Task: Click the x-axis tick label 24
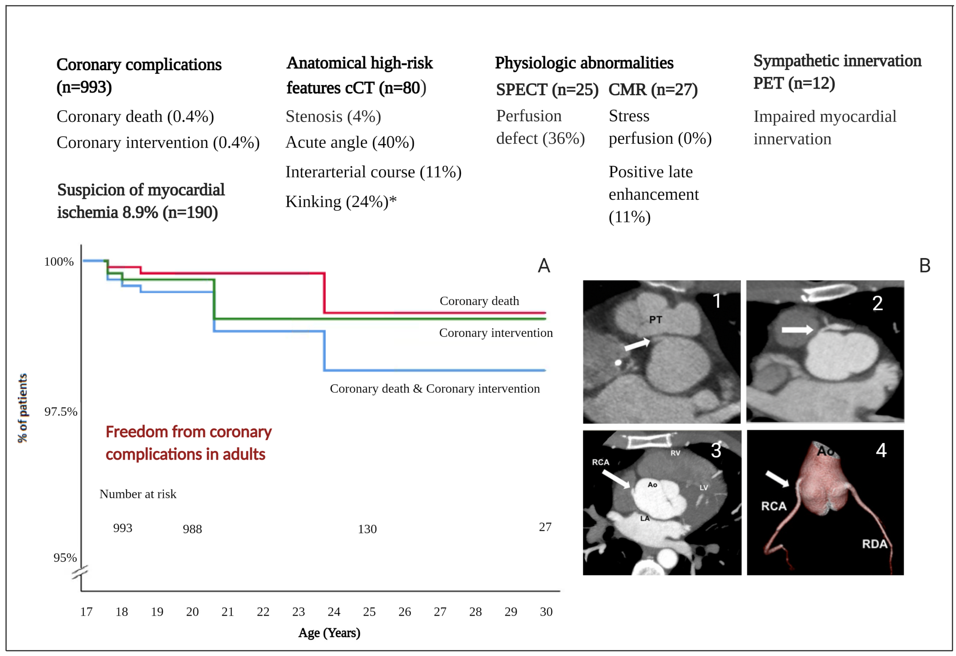point(334,611)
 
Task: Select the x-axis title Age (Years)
point(329,633)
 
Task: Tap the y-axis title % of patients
point(23,408)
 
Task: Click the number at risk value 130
point(367,529)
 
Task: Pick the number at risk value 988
point(192,529)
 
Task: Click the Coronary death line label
point(479,301)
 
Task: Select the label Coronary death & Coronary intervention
point(434,388)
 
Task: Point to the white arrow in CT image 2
point(797,329)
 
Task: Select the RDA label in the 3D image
point(875,544)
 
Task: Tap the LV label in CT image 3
point(704,488)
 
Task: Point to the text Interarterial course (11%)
point(373,172)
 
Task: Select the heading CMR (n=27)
point(653,89)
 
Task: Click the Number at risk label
point(138,494)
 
